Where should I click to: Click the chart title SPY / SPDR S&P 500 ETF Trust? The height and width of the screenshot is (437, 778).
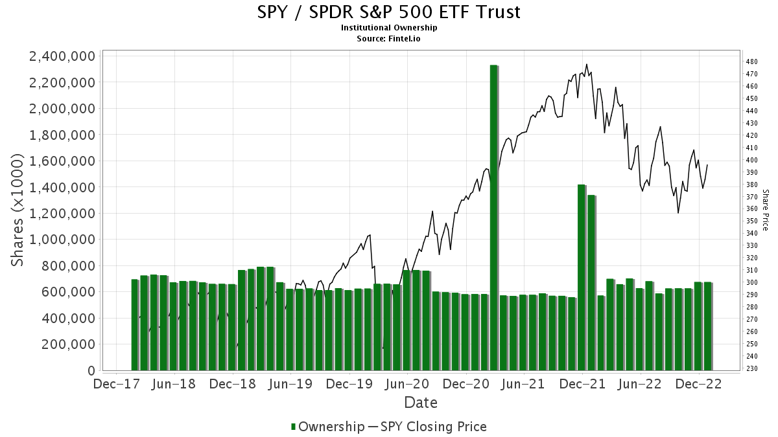(x=388, y=12)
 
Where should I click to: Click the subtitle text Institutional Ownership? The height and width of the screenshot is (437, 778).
(x=389, y=28)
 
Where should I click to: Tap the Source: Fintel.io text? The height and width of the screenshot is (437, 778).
(x=389, y=38)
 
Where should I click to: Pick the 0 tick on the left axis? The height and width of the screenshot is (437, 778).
(x=91, y=371)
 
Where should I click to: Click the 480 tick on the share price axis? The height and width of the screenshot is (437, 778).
(x=751, y=62)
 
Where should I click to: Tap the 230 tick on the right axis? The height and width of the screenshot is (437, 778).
(x=751, y=369)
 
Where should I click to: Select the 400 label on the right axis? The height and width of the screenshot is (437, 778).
(x=751, y=160)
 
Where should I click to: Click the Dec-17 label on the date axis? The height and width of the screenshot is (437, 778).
(x=117, y=385)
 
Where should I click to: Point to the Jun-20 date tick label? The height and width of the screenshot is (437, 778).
(x=408, y=385)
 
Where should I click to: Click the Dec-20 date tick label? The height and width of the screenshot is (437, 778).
(x=466, y=385)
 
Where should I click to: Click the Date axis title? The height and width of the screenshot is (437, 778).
(x=421, y=403)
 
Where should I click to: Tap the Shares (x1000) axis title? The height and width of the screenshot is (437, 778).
(x=18, y=210)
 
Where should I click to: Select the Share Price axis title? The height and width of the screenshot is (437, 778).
(x=765, y=210)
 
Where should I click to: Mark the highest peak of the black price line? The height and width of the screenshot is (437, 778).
(x=587, y=65)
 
